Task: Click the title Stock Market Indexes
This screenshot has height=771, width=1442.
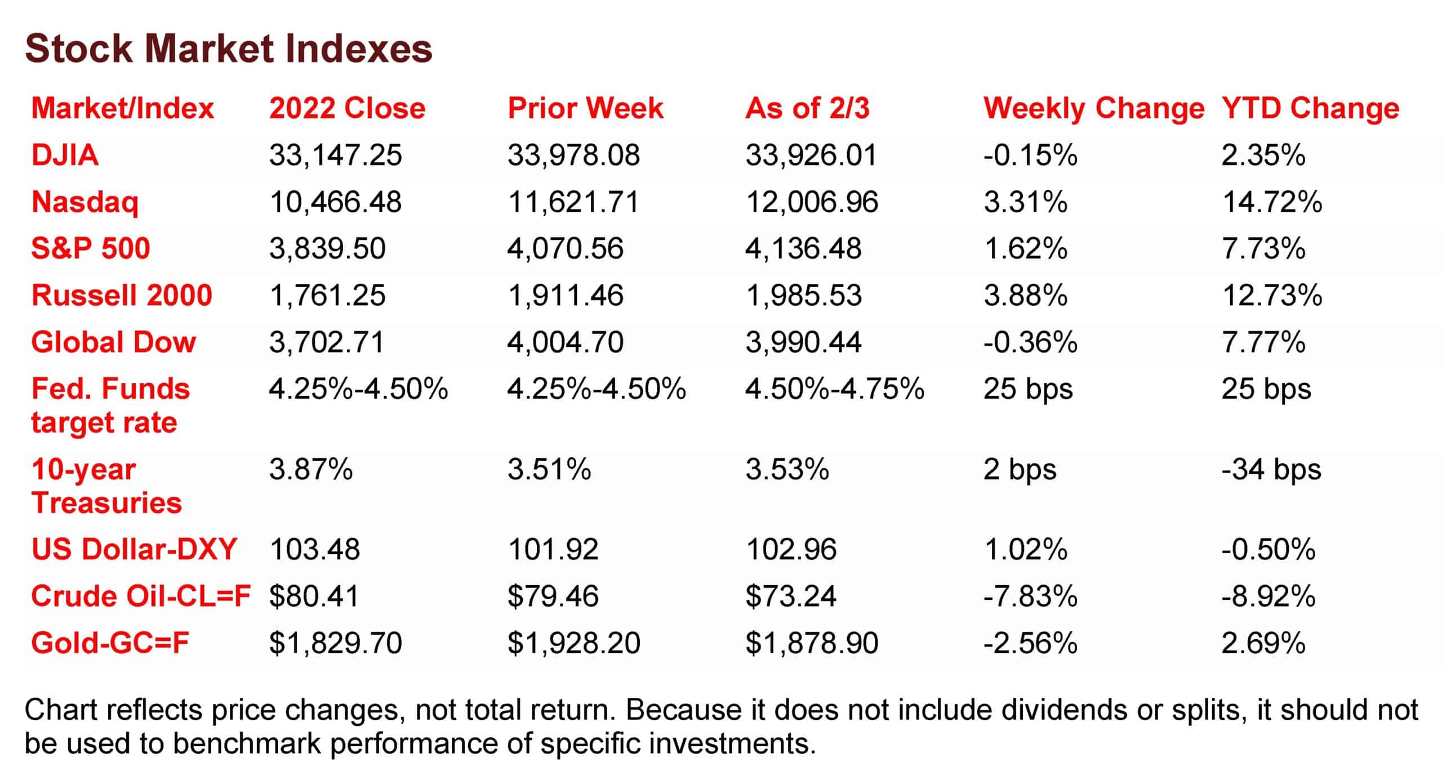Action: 228,48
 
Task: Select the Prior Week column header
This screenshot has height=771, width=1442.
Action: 585,108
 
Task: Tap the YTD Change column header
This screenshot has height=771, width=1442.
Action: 1310,108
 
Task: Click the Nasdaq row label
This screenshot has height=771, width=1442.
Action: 84,202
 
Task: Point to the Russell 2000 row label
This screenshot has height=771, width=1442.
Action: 122,295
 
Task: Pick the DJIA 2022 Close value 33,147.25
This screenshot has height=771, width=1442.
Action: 336,155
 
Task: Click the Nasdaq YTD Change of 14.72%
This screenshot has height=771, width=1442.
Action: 1272,202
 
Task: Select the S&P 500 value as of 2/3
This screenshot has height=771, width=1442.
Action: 803,248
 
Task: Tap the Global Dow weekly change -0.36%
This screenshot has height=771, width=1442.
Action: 1030,342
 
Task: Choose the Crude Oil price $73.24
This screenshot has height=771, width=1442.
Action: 791,596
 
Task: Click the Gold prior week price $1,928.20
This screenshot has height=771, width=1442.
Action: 573,643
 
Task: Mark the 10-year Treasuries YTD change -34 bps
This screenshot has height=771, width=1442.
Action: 1271,469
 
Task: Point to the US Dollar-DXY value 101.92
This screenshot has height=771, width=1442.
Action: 553,549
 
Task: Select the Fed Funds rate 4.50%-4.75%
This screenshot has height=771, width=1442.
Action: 834,389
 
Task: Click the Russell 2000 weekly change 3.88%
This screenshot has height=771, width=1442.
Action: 1025,295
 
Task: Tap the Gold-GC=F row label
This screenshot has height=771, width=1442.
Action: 110,643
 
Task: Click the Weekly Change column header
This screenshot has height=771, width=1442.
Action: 1093,108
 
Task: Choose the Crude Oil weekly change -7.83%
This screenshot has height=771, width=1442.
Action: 1030,596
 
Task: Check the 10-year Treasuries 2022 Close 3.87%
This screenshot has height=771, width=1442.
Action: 311,469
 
